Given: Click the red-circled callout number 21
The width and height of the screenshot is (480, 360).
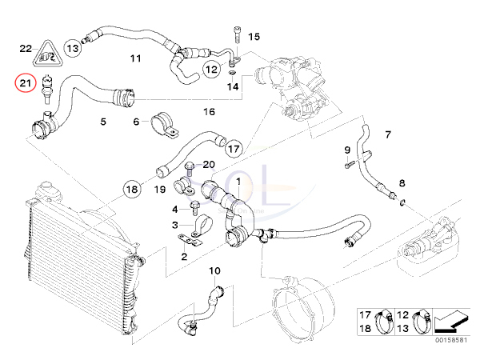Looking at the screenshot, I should pyautogui.click(x=26, y=82).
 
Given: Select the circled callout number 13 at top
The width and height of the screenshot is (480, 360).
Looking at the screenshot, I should pyautogui.click(x=73, y=48).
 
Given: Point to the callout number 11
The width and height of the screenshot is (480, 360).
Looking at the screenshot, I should pyautogui.click(x=134, y=58).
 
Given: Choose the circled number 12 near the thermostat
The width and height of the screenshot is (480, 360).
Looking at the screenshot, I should pyautogui.click(x=211, y=70).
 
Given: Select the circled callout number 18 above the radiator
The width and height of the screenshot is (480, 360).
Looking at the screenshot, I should pyautogui.click(x=132, y=190).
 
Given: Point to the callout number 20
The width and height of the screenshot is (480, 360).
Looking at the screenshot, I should pyautogui.click(x=209, y=164).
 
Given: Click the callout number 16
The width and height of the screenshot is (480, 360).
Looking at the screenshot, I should pyautogui.click(x=210, y=112).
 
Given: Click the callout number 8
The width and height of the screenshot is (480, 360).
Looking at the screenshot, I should pyautogui.click(x=402, y=183).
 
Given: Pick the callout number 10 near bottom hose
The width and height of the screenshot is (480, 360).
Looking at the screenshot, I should pyautogui.click(x=214, y=272).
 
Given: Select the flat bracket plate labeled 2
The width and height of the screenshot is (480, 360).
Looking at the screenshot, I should pyautogui.click(x=190, y=239).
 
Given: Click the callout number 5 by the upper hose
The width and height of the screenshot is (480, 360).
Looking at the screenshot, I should pyautogui.click(x=102, y=122).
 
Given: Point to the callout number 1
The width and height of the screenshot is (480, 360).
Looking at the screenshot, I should pyautogui.click(x=237, y=182).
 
